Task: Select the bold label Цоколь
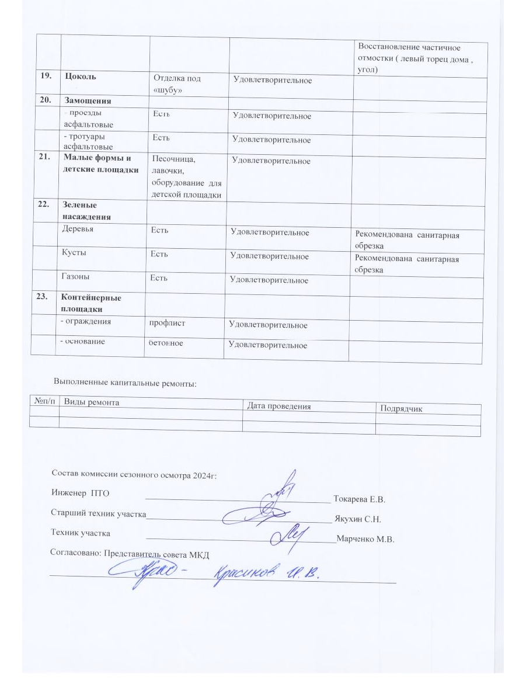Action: pyautogui.click(x=81, y=77)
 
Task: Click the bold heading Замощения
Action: pyautogui.click(x=88, y=100)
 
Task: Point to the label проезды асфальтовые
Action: pyautogui.click(x=89, y=119)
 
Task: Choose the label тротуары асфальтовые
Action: pyautogui.click(x=89, y=142)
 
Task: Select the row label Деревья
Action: pyautogui.click(x=78, y=230)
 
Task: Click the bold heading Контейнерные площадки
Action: pyautogui.click(x=91, y=303)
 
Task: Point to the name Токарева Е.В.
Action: pyautogui.click(x=359, y=499)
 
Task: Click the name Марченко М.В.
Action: pyautogui.click(x=366, y=539)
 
